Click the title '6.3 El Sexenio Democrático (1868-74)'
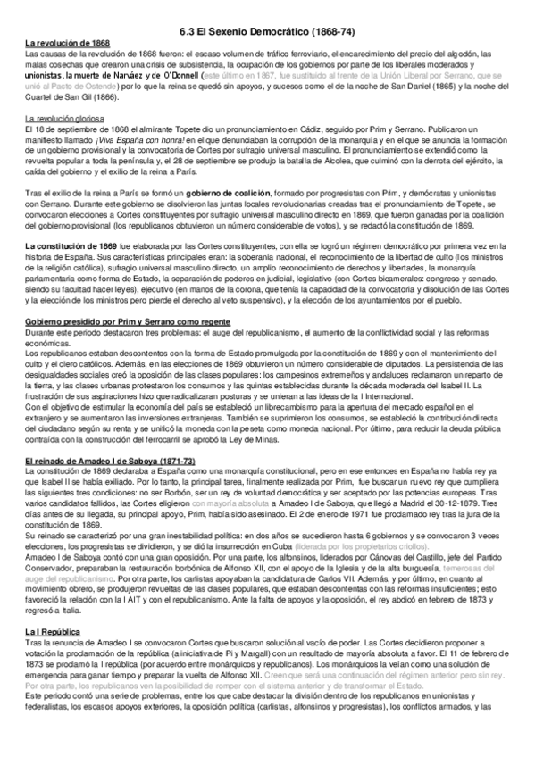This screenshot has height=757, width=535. [268, 31]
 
